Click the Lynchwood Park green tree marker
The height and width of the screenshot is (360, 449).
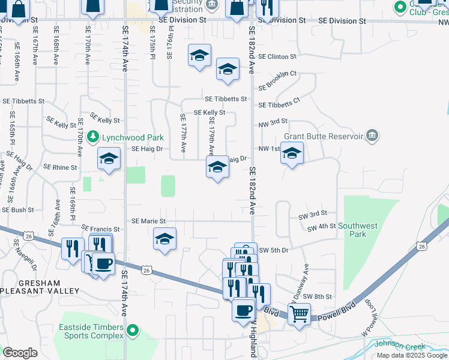(93, 137)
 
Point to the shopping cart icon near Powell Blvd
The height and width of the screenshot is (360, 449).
(299, 312)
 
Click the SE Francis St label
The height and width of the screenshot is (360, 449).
(100, 229)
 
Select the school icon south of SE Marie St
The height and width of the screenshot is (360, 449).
(165, 239)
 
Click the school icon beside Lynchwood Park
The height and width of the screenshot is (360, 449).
(109, 159)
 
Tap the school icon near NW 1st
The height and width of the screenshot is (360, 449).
(292, 153)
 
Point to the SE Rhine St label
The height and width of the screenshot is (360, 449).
(60, 167)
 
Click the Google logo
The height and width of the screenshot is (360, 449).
(20, 353)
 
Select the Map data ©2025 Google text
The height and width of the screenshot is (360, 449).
(412, 355)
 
